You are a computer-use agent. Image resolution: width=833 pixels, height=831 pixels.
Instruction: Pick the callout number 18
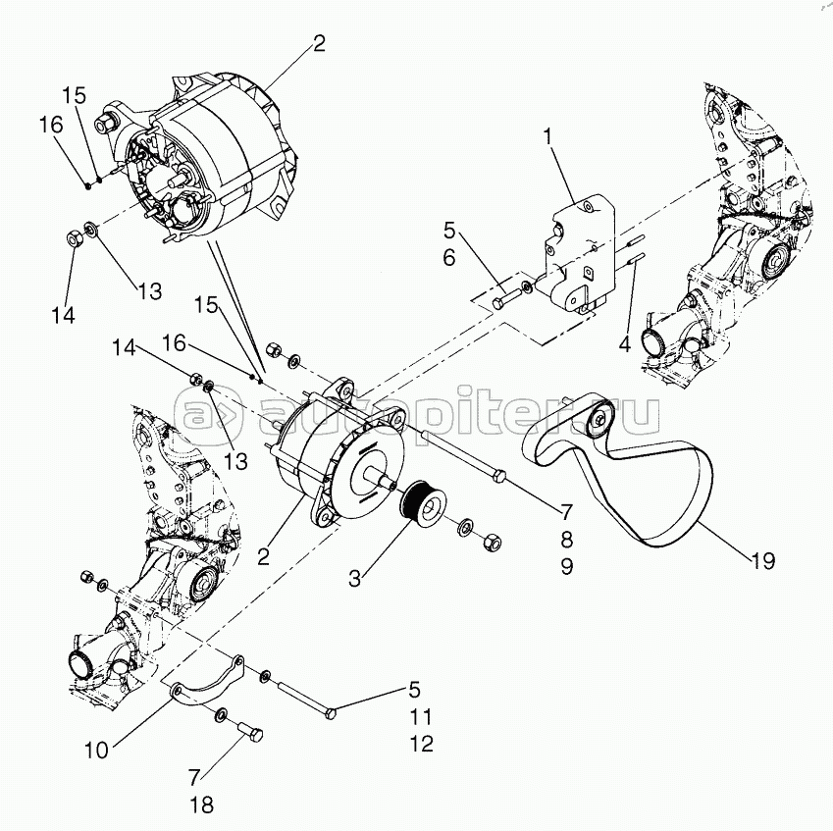(x=202, y=805)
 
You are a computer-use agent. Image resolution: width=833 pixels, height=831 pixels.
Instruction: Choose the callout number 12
(x=421, y=745)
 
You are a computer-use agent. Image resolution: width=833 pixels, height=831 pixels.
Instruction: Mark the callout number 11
(x=421, y=717)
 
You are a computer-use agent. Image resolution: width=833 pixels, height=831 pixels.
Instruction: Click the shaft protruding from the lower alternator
(x=378, y=477)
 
